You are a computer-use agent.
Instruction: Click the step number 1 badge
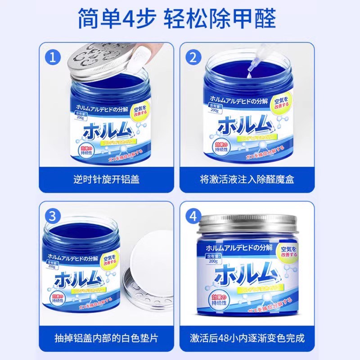54,57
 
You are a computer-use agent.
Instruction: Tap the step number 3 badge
54,216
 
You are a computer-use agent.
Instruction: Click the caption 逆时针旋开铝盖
107,179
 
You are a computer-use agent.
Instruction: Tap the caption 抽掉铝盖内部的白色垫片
107,338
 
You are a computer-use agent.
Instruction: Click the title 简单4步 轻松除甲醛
180,19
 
